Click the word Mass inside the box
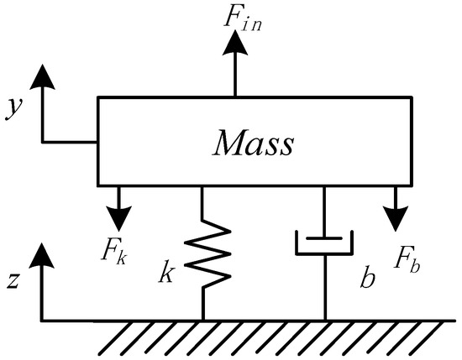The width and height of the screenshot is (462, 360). (x=254, y=143)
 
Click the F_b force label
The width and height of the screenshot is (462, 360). (x=406, y=258)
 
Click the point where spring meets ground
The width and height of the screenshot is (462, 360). (x=202, y=320)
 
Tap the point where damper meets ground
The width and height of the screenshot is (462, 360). (x=324, y=320)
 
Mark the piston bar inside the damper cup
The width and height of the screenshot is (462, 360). (x=324, y=238)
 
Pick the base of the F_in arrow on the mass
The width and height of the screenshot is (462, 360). (x=235, y=97)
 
